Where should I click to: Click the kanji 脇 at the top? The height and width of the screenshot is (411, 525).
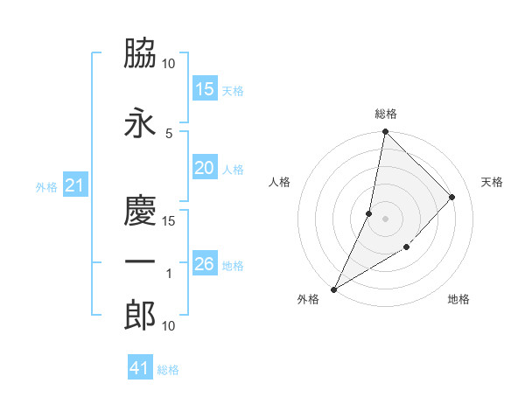[x=140, y=55]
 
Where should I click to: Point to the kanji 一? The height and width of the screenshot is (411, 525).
[x=140, y=262]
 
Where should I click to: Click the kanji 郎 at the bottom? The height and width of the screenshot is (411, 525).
[x=140, y=316]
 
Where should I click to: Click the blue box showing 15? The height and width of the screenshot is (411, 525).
[x=205, y=89]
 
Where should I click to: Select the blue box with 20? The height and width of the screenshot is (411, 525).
[x=205, y=169]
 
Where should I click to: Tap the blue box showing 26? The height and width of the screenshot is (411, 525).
[x=205, y=264]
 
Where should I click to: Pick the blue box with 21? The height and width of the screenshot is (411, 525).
[x=75, y=185]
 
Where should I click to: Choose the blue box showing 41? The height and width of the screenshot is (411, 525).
[x=140, y=368]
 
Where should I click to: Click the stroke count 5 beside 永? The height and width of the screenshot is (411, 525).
[x=169, y=133]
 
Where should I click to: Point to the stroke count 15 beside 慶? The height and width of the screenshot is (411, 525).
[x=169, y=220]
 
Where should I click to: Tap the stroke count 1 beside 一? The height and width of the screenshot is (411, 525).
[x=169, y=274]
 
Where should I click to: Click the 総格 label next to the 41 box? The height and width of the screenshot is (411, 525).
[x=168, y=370]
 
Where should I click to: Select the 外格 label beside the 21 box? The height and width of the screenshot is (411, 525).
[x=46, y=186]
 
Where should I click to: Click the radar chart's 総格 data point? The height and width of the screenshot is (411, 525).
[x=385, y=132]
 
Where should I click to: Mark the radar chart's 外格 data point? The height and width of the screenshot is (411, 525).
[x=333, y=289]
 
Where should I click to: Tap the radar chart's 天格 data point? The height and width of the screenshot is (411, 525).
[x=452, y=197]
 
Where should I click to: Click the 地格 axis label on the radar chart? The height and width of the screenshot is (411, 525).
[x=458, y=299]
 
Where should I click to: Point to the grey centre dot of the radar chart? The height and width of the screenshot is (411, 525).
[x=385, y=219]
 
